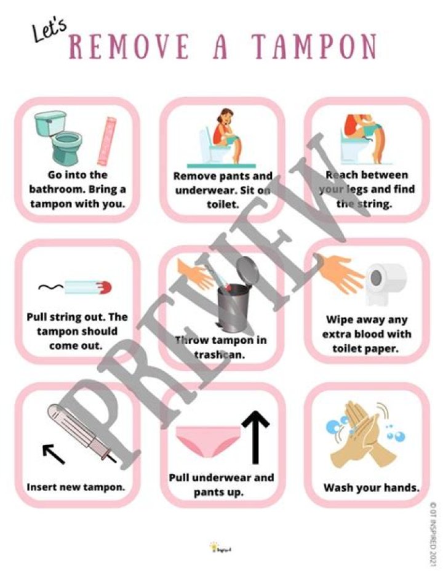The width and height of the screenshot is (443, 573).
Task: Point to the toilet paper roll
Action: [385, 284]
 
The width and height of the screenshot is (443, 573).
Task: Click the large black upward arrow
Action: [256, 435]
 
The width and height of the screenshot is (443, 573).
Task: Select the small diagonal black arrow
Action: [54, 454]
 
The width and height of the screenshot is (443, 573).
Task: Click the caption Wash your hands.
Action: [372, 487]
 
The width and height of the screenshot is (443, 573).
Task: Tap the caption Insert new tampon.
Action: [76, 487]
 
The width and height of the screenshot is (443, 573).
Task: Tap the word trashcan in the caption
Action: [212, 355]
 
